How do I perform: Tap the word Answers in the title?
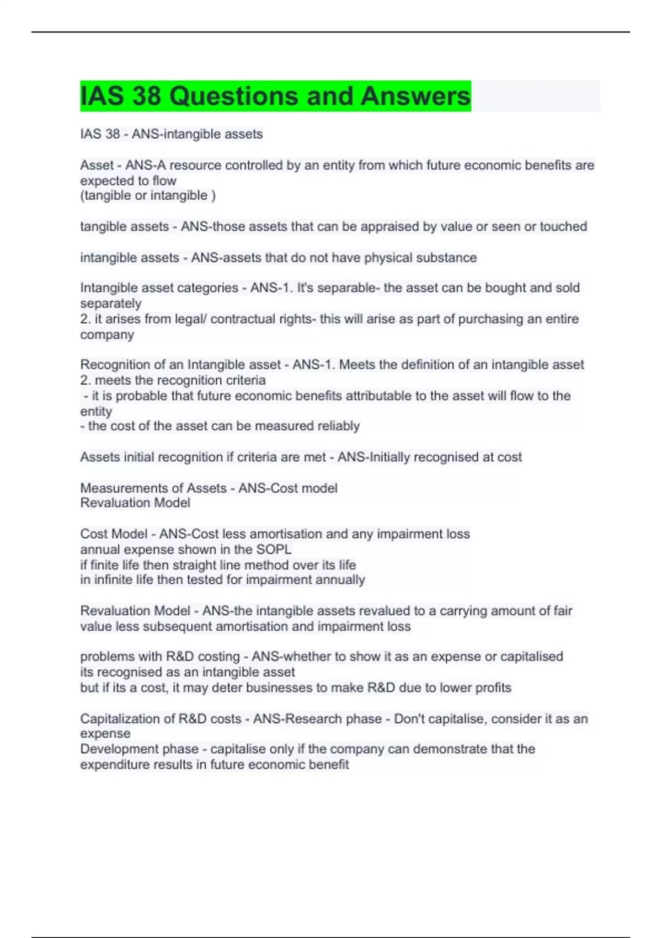point(415,96)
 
